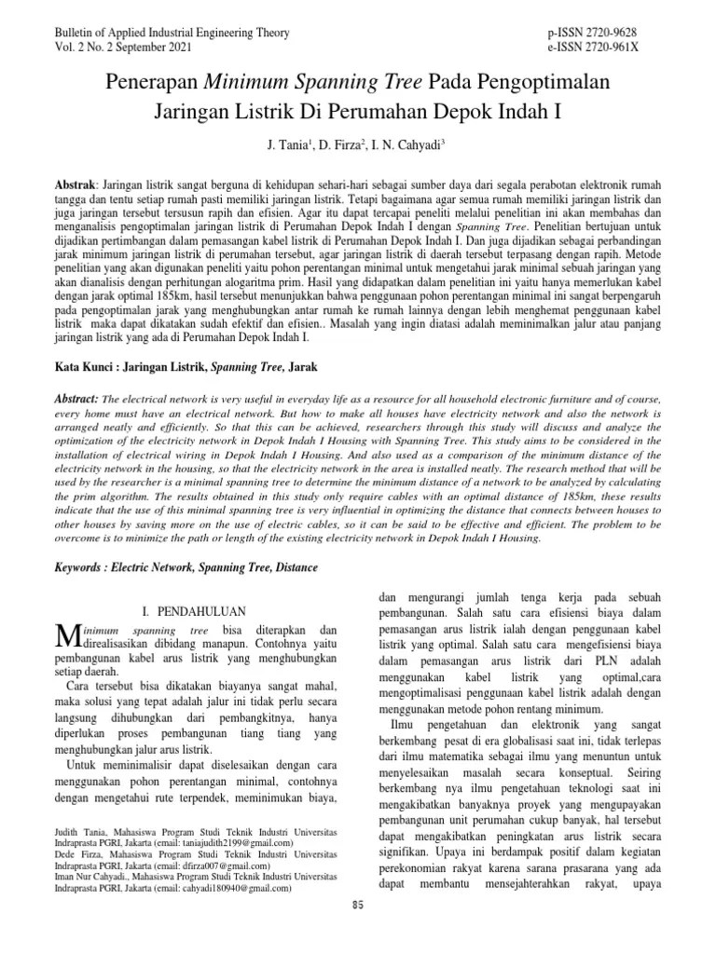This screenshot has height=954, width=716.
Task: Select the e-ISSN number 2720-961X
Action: pyautogui.click(x=629, y=48)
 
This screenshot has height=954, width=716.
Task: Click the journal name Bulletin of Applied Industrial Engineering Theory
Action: pyautogui.click(x=173, y=34)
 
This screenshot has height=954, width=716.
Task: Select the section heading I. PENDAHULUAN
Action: pyautogui.click(x=192, y=611)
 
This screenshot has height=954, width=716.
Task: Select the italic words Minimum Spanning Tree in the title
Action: pyautogui.click(x=277, y=84)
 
